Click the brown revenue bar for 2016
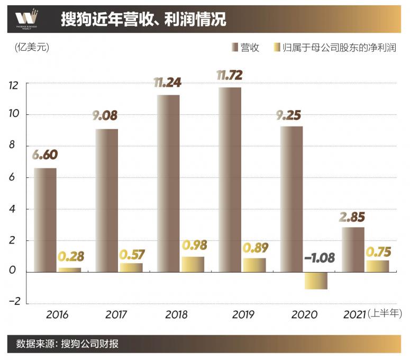pos(45,220)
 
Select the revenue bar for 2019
pos(229,179)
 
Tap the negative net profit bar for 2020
pos(316,281)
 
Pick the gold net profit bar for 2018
pos(193,264)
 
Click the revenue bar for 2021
pos(352,249)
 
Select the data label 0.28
pos(71,257)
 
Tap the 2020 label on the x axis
pos(304,314)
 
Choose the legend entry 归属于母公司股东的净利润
pos(334,48)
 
